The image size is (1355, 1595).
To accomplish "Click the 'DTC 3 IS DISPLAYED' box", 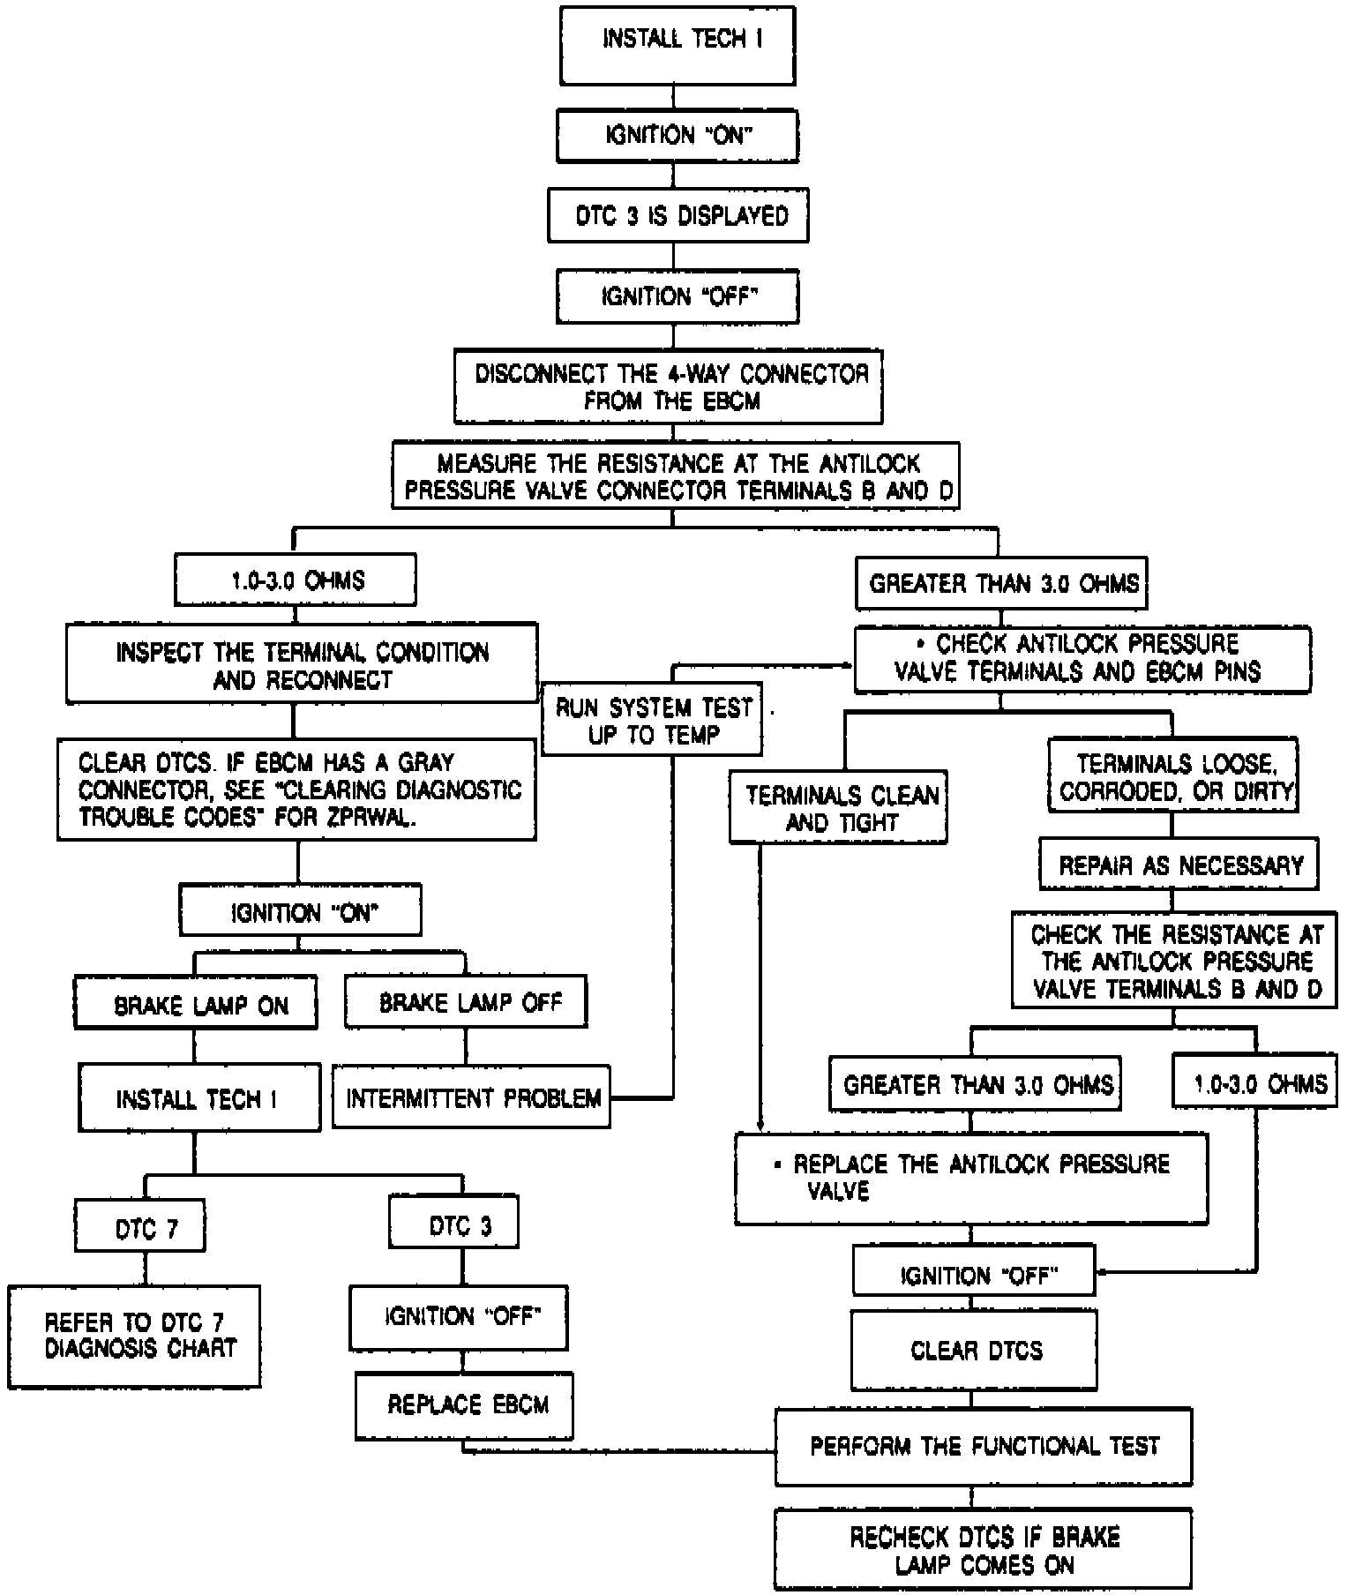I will point(677,215).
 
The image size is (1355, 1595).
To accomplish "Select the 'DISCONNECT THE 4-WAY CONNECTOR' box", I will point(669,386).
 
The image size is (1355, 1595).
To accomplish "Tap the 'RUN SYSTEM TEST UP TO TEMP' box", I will point(652,718).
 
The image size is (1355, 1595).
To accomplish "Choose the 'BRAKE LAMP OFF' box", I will point(466,1001).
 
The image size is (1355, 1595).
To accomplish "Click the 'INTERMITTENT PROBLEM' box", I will point(471,1097).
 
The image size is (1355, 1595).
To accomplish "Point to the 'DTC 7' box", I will point(141,1226).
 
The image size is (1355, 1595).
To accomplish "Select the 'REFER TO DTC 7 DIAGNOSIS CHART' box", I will point(134,1336).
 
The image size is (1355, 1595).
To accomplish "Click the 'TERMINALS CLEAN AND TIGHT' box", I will point(838,808).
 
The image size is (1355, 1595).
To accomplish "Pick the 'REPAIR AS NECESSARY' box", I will point(1179,865).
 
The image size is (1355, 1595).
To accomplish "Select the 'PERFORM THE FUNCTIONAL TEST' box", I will point(984,1446).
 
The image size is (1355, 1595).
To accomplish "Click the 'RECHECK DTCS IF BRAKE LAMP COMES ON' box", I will point(984,1550).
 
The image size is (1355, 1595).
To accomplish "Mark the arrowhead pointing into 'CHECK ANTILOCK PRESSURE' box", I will point(848,665).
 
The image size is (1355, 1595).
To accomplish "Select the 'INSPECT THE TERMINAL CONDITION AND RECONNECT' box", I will point(302,665).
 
